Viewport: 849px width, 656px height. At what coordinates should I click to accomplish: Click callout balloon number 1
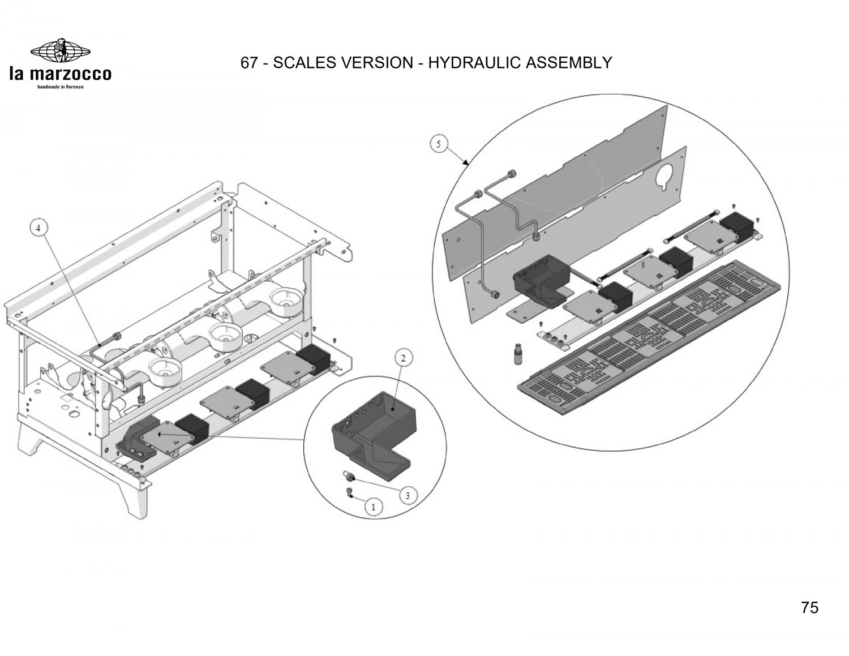(x=372, y=507)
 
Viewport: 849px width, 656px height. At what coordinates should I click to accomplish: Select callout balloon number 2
(x=402, y=358)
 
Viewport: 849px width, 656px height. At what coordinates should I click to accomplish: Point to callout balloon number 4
(x=38, y=228)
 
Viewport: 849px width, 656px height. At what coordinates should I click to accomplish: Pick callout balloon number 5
(x=439, y=144)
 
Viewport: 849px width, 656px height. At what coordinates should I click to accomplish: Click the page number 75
(x=809, y=608)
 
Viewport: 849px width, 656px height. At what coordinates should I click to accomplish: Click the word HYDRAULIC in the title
(x=475, y=63)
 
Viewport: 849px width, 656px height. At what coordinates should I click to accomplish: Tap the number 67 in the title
(x=249, y=63)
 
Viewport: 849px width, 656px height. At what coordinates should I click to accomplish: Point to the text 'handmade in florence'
(x=60, y=87)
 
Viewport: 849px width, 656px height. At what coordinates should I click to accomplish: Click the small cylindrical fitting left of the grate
(x=516, y=355)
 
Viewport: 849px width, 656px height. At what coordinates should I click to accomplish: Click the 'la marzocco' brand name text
(x=60, y=74)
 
